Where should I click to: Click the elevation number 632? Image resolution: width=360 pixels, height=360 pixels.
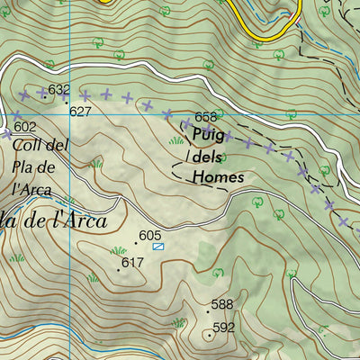point(59,90)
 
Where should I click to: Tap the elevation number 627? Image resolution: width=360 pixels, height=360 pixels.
point(81,112)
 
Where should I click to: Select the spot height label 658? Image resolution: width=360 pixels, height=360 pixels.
point(205,117)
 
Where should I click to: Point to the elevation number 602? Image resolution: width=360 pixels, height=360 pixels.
point(26,127)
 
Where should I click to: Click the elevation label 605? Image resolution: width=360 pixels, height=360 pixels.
point(149,234)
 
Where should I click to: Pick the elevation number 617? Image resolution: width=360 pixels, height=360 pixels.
point(132,263)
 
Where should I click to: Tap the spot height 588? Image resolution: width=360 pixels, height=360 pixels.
point(221,305)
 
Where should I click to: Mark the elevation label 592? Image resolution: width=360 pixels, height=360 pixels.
point(223,328)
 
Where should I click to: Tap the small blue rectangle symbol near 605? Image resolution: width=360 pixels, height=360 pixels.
point(158,245)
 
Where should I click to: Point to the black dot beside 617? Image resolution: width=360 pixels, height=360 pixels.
point(118,269)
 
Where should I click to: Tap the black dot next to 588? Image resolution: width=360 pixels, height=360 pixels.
point(208,311)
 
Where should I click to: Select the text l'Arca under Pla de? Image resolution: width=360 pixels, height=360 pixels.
point(32,187)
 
